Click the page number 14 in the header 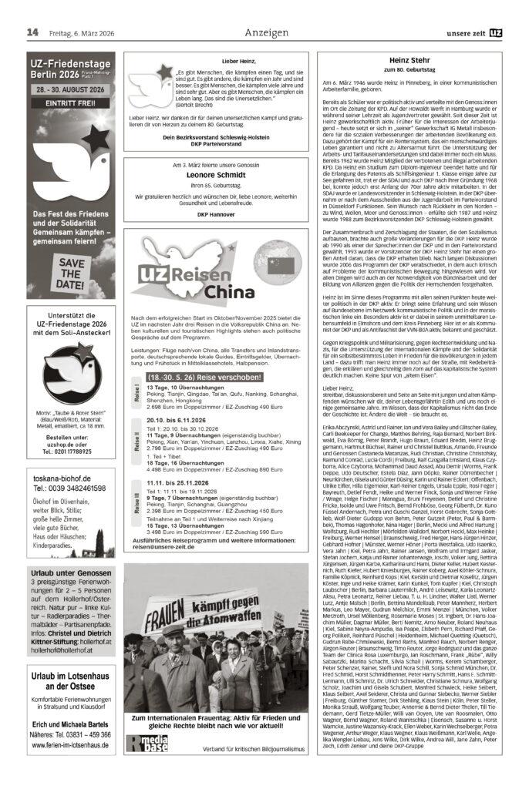[x=32, y=32]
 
